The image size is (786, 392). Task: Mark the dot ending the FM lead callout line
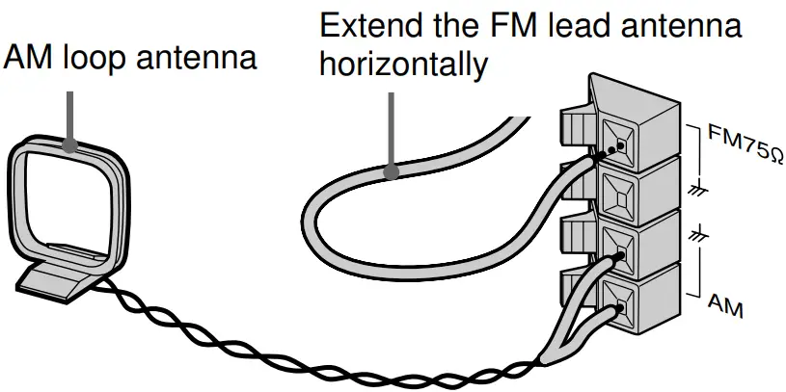[x=391, y=173]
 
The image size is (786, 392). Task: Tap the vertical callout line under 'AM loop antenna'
[x=70, y=111]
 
